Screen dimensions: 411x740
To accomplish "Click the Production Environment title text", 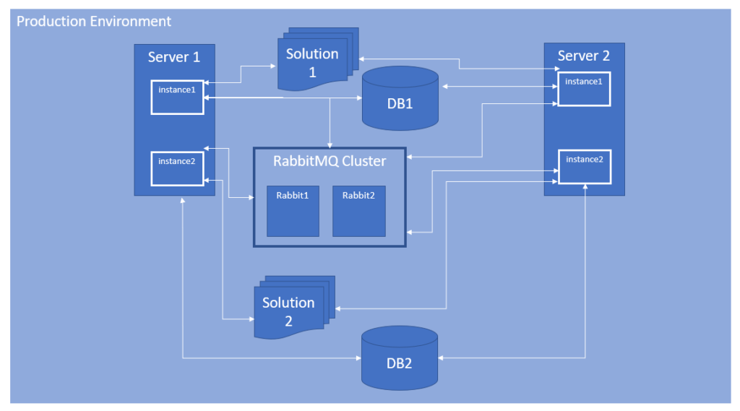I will click(94, 21).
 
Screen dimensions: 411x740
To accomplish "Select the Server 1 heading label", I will click(174, 57).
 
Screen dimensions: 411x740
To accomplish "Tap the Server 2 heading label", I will click(584, 56).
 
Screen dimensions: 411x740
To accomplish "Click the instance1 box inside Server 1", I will click(177, 97).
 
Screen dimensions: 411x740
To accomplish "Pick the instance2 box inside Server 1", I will click(177, 168).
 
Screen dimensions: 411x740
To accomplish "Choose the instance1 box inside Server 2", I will click(583, 89).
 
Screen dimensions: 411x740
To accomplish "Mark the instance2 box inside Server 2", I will click(583, 166).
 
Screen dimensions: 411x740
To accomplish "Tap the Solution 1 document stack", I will click(312, 61).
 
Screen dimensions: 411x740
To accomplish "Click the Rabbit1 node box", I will click(293, 211).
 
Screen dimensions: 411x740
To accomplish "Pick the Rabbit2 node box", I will click(358, 211).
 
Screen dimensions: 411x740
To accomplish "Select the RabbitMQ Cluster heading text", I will click(330, 161).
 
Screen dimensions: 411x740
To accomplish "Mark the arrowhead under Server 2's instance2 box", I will click(585, 187).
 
